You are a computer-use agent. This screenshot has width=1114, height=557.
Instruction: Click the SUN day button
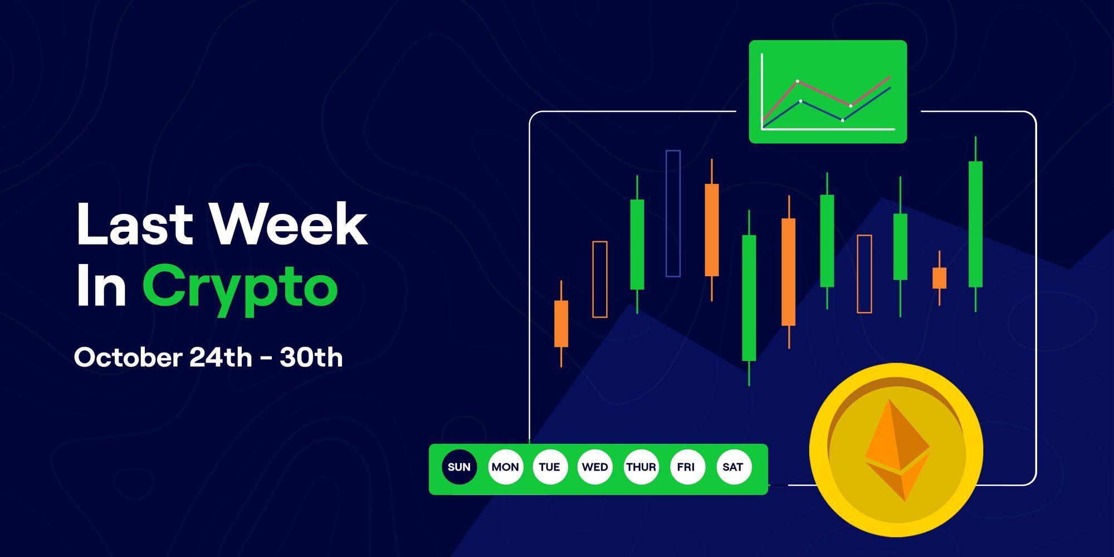click(459, 467)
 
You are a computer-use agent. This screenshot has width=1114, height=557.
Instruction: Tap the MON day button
click(505, 467)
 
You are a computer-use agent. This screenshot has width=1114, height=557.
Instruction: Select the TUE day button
click(550, 467)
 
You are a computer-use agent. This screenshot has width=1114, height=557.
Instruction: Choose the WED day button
click(595, 467)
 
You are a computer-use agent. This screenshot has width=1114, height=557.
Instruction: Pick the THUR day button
click(641, 467)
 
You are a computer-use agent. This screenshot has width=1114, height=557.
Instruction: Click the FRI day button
click(686, 467)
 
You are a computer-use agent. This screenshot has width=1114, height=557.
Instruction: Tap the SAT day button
click(733, 467)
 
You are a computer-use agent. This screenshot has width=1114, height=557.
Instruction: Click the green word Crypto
click(240, 287)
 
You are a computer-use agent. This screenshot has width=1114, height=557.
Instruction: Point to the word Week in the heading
click(289, 224)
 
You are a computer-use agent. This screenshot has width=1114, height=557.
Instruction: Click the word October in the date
click(128, 358)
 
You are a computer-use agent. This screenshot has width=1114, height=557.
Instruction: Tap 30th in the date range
click(311, 358)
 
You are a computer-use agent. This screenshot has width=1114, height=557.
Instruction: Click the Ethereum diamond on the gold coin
click(897, 450)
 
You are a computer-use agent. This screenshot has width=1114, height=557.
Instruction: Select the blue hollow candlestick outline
click(673, 213)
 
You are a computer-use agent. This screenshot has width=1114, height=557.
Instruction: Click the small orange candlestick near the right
click(939, 278)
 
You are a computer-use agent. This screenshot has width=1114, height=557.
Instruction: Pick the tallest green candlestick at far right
click(975, 224)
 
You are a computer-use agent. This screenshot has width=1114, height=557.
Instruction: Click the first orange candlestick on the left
click(561, 324)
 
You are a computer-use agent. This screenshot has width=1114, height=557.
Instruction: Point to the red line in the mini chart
click(824, 93)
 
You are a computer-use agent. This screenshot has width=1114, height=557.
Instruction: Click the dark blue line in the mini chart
click(822, 110)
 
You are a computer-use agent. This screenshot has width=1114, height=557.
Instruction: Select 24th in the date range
click(221, 358)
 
